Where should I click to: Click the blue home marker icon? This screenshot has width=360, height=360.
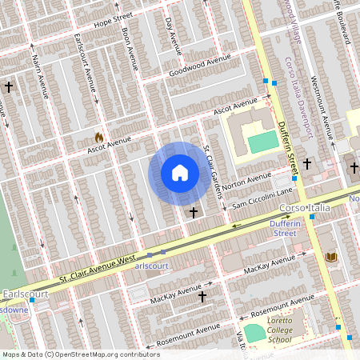(x=180, y=173)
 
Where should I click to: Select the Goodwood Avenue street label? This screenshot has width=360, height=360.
(x=199, y=66)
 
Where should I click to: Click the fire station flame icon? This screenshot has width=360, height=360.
(x=99, y=138)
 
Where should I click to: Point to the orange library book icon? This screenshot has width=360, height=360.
(x=331, y=256)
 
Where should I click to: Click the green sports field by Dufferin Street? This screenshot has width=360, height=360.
(x=260, y=143)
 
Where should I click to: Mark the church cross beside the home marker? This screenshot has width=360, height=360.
(x=194, y=213)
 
